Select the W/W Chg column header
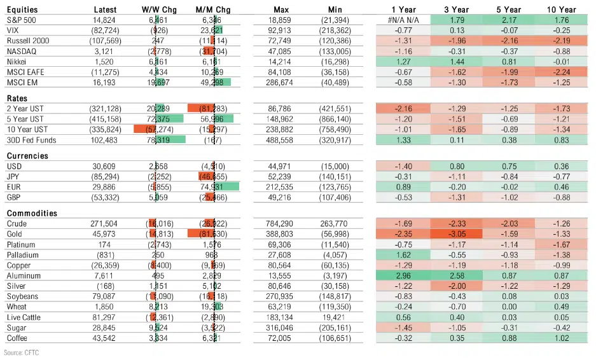(159, 10)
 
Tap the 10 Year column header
(560, 10)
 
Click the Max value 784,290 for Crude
(281, 224)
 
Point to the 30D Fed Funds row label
(31, 140)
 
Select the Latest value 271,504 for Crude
(104, 224)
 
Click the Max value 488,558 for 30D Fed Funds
(281, 140)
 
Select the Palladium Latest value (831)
(107, 254)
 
